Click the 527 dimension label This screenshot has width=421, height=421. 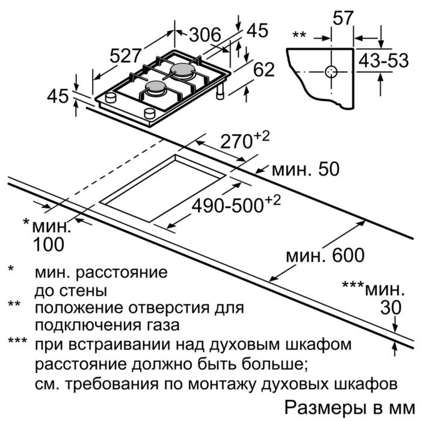125,57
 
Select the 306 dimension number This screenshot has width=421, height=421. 205,35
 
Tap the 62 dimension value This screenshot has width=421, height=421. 264,70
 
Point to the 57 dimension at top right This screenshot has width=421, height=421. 342,18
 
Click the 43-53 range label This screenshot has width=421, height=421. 384,60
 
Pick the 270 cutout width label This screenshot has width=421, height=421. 245,140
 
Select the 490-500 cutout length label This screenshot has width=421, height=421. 236,204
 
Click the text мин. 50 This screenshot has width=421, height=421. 306,170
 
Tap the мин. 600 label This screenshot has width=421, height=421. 325,256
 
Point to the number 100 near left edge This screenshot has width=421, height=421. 48,245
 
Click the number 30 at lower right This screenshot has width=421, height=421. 391,307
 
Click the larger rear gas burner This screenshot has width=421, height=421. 183,70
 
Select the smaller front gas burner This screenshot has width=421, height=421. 155,88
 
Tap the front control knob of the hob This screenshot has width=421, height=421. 150,113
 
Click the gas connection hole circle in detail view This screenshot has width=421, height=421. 331,72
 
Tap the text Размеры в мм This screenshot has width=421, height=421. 350,408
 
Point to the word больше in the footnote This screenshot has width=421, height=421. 275,364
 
